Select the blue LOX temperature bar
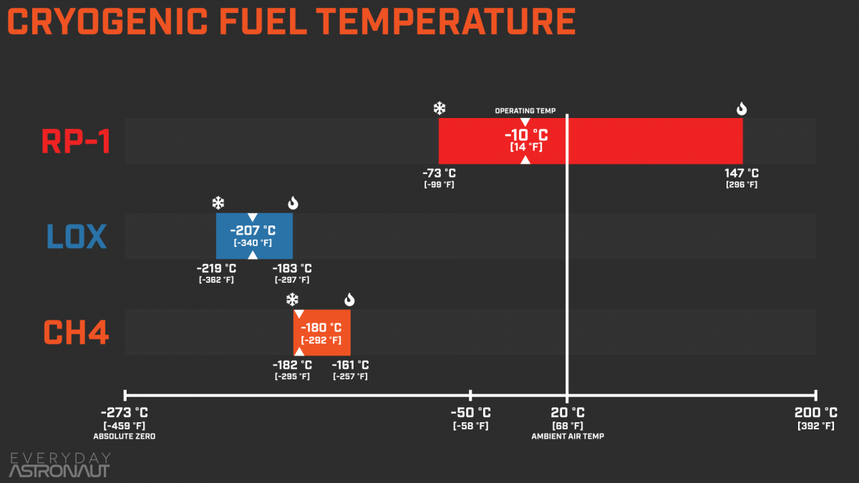click(254, 235)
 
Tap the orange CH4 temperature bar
click(321, 332)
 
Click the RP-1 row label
click(76, 142)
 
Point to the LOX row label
click(77, 237)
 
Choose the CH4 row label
click(76, 333)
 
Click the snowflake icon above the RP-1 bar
click(440, 109)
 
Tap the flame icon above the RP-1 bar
click(742, 109)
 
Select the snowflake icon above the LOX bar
click(218, 203)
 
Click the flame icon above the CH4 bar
click(349, 300)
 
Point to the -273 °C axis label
click(125, 413)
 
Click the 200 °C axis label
click(815, 413)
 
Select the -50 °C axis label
click(470, 413)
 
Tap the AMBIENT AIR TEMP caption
click(567, 436)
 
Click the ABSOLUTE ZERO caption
click(125, 436)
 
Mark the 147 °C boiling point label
click(742, 173)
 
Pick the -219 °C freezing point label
click(216, 269)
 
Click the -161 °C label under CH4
click(350, 366)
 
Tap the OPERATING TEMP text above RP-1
click(525, 111)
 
